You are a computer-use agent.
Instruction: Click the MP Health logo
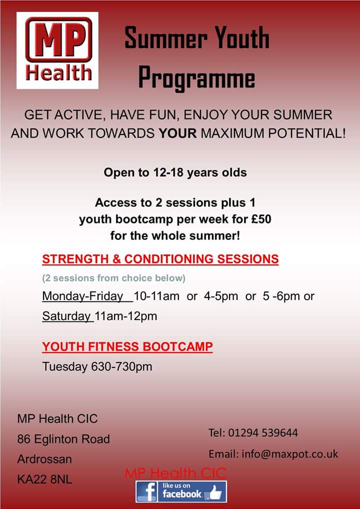pos(57,50)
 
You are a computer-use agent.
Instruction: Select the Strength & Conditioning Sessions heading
pos(160,259)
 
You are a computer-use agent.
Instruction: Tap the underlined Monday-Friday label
pos(83,296)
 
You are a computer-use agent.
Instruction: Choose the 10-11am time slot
pos(156,296)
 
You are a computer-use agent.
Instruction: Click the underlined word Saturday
pos(66,316)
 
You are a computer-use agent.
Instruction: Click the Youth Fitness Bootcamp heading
pos(127,346)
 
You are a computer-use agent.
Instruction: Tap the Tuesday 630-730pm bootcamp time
pos(97,366)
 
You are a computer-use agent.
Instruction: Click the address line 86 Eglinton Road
pos(63,439)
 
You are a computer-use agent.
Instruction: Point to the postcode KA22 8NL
pos(44,479)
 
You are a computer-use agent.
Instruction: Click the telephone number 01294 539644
pos(263,432)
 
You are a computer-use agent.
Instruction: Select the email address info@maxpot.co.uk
pos(289,454)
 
